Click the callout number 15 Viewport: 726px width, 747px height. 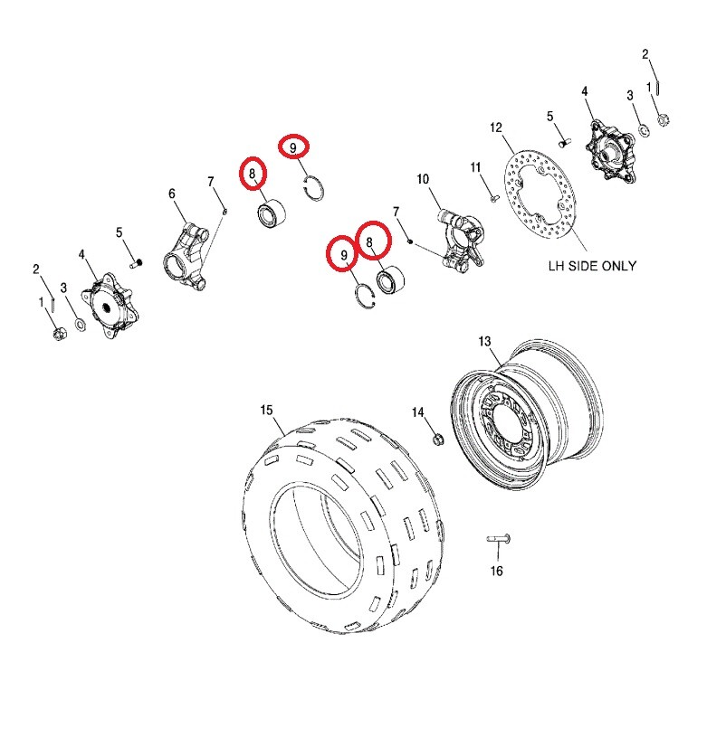click(x=266, y=411)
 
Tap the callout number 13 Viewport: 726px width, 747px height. click(x=484, y=341)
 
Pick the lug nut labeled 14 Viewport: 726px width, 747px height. click(x=436, y=440)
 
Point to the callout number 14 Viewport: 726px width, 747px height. click(x=418, y=412)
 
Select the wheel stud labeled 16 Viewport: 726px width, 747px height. click(x=499, y=539)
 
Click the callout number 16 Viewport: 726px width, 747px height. click(x=496, y=571)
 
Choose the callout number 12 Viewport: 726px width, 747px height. click(x=495, y=128)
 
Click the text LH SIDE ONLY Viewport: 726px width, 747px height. click(x=592, y=266)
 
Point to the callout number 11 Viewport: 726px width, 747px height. click(x=475, y=167)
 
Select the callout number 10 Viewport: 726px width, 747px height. click(x=422, y=180)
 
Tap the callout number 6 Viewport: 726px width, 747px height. click(x=172, y=194)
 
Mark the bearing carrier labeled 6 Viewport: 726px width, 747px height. click(x=189, y=254)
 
